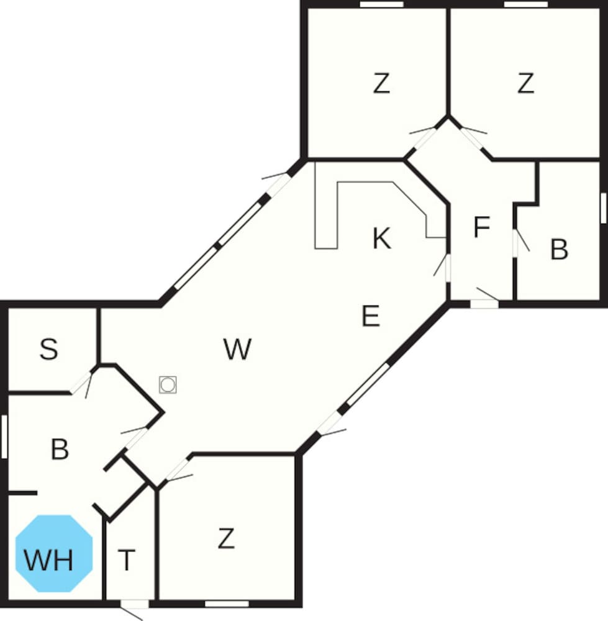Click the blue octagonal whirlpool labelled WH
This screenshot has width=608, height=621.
[54, 554]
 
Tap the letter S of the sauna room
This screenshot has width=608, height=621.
[48, 349]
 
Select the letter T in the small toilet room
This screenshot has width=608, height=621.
[127, 560]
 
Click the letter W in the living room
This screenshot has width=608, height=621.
[237, 349]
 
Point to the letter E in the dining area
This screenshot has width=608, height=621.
[371, 315]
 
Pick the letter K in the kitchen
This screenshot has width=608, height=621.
[382, 238]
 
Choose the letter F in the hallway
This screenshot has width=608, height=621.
[482, 227]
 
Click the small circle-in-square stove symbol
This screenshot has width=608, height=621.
[168, 384]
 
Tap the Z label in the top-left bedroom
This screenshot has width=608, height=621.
[381, 83]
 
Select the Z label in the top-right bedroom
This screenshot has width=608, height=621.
[525, 83]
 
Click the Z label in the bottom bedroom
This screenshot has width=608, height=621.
[226, 538]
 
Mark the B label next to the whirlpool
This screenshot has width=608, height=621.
[60, 449]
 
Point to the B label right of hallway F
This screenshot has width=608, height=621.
[560, 250]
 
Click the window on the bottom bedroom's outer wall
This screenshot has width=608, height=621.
[227, 604]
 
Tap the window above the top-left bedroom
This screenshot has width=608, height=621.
[381, 4]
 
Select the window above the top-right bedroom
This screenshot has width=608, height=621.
[525, 4]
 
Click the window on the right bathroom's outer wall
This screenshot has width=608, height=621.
[604, 208]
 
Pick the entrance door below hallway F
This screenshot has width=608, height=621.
[484, 304]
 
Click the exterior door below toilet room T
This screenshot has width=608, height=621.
[134, 604]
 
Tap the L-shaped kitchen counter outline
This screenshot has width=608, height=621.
[380, 210]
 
